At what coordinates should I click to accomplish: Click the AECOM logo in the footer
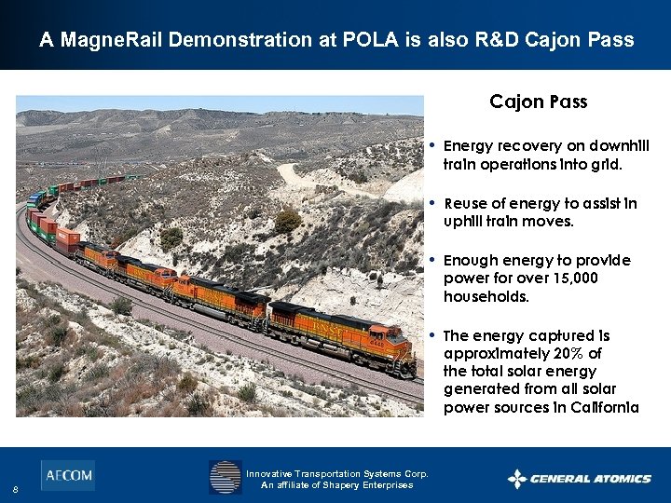[67, 475]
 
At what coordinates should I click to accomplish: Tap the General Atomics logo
[579, 479]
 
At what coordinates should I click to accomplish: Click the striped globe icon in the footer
[225, 477]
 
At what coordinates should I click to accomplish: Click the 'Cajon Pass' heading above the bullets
[539, 102]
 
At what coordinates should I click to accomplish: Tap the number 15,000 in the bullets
[573, 279]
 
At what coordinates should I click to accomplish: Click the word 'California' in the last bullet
[606, 407]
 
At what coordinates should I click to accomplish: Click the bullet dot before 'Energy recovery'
[432, 146]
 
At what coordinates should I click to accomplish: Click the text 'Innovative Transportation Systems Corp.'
[337, 473]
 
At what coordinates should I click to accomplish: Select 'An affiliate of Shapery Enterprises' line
[336, 485]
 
